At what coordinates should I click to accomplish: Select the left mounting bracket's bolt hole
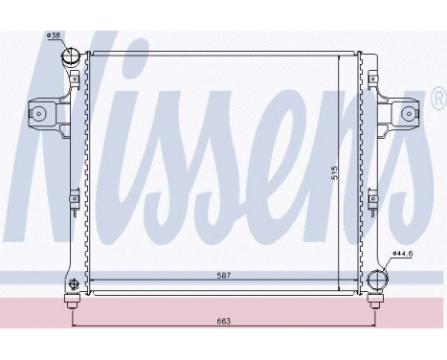39,114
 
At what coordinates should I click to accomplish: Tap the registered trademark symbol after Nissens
438,99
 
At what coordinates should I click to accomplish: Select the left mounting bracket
46,115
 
